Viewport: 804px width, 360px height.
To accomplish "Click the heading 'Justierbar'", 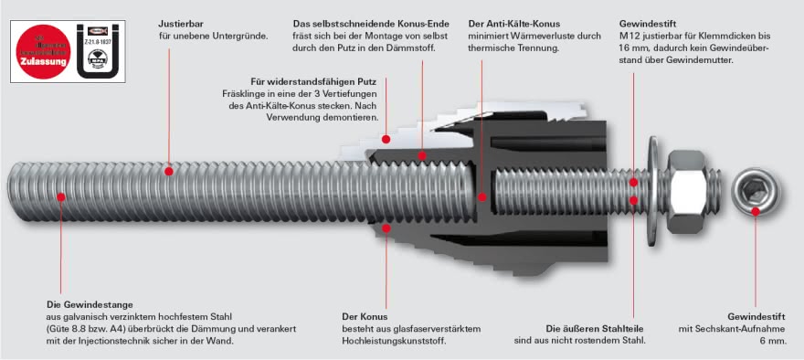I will [x=181, y=24].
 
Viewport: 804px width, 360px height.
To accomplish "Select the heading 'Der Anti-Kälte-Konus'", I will [x=513, y=24].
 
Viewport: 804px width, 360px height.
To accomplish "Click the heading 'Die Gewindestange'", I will [x=90, y=304].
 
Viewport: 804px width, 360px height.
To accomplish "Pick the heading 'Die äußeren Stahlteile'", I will [x=595, y=328].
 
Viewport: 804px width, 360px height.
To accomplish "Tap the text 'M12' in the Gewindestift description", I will [x=628, y=36].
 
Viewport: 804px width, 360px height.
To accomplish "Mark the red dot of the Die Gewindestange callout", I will [x=62, y=193].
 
